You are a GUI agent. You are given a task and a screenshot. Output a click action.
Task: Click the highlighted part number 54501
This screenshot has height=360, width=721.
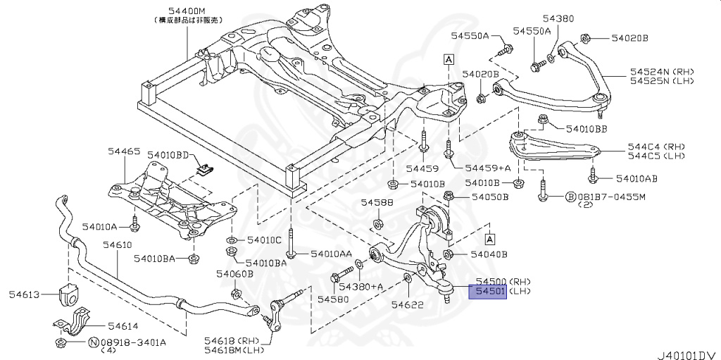point(487,292)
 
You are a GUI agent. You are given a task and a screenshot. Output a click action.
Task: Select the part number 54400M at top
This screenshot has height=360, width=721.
point(187,11)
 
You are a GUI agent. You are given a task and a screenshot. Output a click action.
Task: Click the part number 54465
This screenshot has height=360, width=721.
point(124,151)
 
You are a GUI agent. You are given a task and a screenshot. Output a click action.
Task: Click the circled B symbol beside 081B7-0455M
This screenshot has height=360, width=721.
point(571,197)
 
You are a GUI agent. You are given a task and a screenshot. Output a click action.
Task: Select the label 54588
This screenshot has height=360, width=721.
point(377,202)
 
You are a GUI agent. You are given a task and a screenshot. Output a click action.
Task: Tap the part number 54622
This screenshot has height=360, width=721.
point(407,304)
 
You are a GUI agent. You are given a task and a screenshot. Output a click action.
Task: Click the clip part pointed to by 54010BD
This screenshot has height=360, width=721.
point(206,168)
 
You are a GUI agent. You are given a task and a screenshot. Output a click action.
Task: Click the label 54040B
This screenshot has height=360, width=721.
point(489,253)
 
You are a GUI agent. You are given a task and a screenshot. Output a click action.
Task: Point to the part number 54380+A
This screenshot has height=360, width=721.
point(360,287)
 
